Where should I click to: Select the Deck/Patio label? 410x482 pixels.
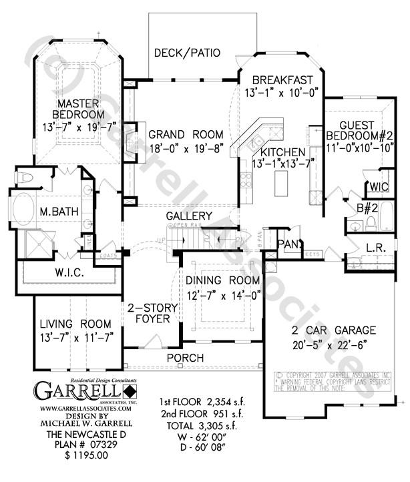point(187,53)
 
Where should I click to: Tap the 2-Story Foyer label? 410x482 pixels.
point(153,313)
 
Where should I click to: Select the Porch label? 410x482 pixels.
point(185,358)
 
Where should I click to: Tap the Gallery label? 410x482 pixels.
point(190,216)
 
